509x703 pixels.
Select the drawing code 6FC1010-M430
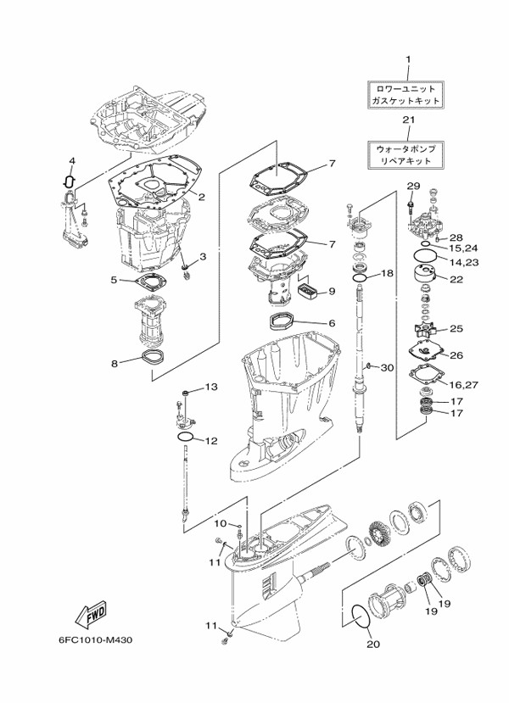coord(95,639)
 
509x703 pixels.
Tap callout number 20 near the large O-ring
coord(373,644)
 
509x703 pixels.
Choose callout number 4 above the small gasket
coord(72,160)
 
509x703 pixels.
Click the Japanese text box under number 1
coord(405,95)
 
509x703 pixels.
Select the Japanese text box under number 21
coord(405,154)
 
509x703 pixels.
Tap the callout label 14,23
coord(464,262)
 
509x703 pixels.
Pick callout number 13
coord(211,386)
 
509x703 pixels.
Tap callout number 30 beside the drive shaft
coord(387,368)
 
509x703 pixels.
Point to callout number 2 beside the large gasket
coord(202,196)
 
